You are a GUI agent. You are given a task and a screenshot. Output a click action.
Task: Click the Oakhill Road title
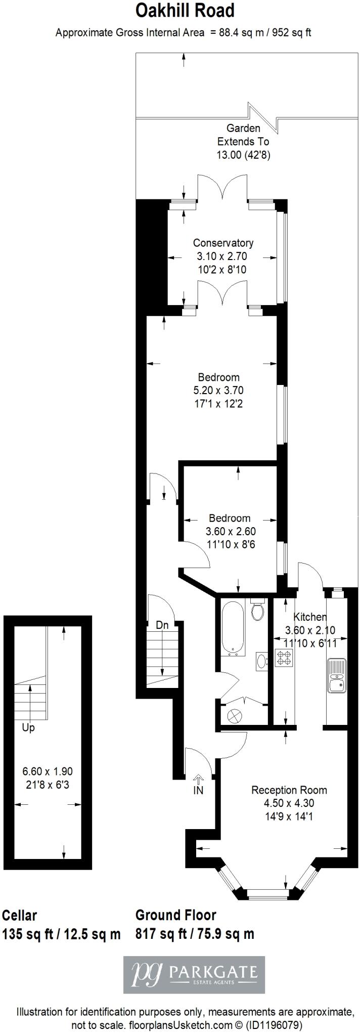click(185, 11)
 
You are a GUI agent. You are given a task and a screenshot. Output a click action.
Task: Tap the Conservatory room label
click(223, 243)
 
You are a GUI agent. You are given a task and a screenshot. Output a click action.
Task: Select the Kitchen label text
click(310, 617)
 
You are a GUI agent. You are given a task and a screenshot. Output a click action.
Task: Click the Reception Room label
click(289, 790)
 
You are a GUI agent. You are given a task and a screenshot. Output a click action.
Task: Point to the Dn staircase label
click(162, 625)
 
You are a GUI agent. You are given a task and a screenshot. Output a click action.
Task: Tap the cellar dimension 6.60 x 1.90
click(48, 771)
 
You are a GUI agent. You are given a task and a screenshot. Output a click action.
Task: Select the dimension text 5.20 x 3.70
click(218, 391)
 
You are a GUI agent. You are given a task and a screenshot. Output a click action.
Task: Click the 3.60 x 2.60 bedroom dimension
click(231, 531)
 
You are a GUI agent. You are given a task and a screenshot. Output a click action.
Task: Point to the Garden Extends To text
click(243, 135)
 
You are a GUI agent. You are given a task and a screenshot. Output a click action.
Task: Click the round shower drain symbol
click(236, 716)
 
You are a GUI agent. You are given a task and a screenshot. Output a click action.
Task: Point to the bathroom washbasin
click(262, 660)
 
